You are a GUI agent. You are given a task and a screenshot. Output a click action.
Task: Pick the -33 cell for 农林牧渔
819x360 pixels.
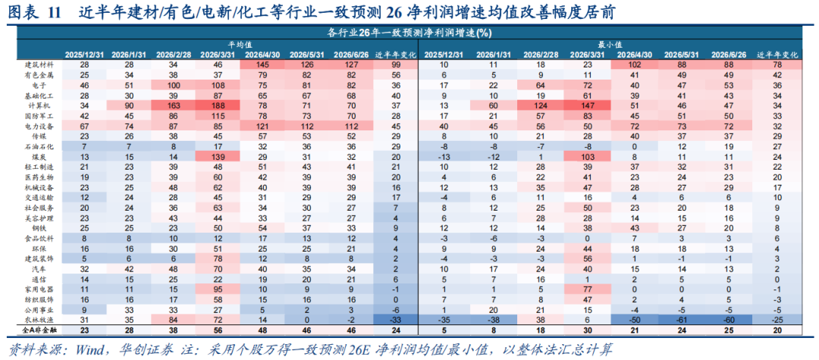point(397,319)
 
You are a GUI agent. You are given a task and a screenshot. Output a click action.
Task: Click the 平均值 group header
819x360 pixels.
point(240,45)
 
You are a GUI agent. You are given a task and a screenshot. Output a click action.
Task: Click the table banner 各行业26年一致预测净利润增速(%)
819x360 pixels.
point(409,33)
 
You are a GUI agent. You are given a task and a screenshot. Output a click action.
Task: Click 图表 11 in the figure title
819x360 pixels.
point(33,12)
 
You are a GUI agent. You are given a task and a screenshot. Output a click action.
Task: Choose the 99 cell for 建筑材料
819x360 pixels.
point(397,64)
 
